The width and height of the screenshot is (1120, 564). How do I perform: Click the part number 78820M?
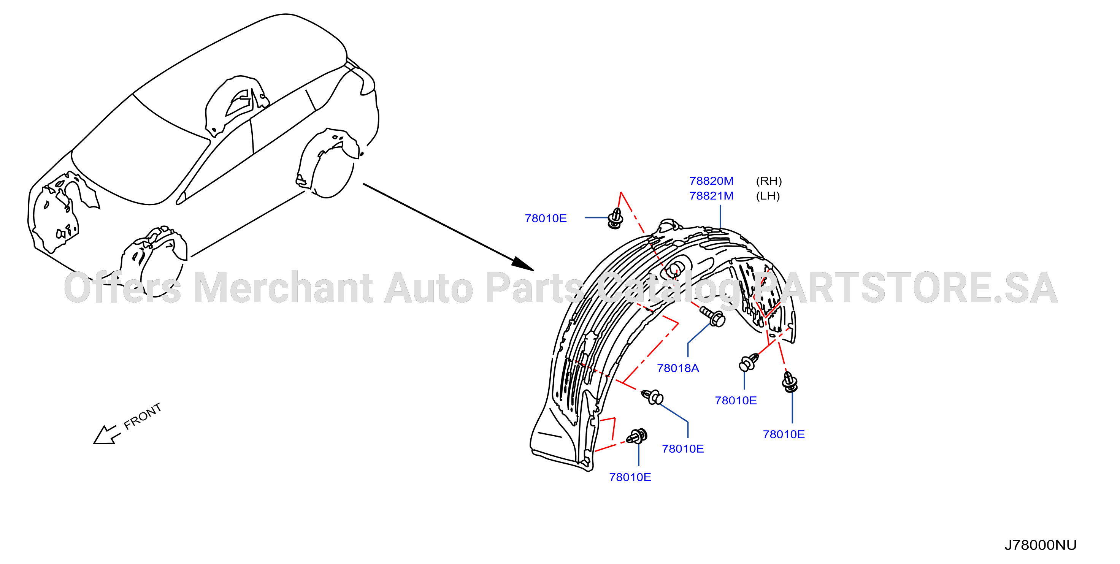(x=711, y=181)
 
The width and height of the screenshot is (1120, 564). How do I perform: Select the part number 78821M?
(x=711, y=196)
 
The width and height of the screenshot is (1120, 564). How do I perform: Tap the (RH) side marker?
(x=769, y=181)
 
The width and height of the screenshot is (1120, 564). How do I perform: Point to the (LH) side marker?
(x=768, y=196)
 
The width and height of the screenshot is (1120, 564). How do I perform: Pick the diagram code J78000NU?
(x=1041, y=545)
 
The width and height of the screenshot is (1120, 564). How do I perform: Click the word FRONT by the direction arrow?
(x=143, y=416)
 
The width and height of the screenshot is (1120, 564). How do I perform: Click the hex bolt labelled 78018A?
(x=712, y=316)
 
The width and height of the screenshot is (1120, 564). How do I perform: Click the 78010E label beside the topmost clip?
(x=546, y=219)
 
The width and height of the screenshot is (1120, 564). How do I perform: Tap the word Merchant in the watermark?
(x=283, y=287)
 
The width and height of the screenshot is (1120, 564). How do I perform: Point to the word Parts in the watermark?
(x=535, y=287)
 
